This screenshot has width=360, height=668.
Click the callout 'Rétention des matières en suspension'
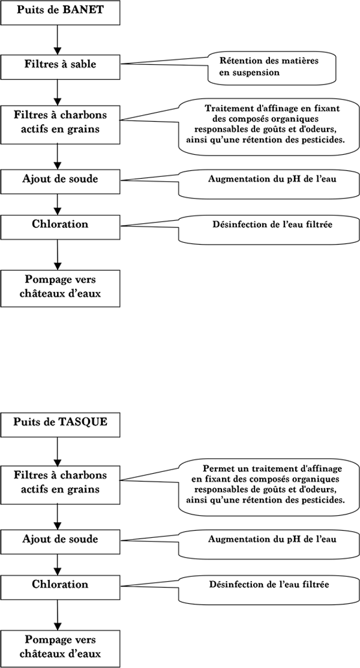pyautogui.click(x=272, y=67)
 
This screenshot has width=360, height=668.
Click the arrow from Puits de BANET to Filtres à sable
pyautogui.click(x=58, y=39)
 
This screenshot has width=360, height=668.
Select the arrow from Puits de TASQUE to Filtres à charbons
pyautogui.click(x=58, y=451)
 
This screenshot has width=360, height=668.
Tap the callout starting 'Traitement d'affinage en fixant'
pyautogui.click(x=268, y=127)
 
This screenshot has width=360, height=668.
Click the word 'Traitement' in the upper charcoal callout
pyautogui.click(x=225, y=108)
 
